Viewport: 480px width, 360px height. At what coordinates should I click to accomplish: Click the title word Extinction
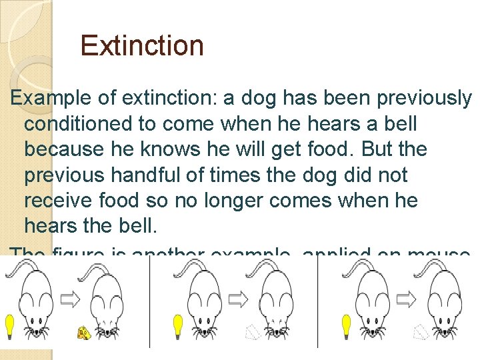(x=141, y=46)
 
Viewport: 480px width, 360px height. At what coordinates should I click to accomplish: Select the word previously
(x=424, y=99)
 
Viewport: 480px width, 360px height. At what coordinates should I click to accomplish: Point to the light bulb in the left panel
(x=9, y=326)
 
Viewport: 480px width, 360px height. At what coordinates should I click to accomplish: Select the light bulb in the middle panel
(x=178, y=326)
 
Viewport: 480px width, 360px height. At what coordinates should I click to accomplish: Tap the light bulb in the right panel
(x=346, y=326)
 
